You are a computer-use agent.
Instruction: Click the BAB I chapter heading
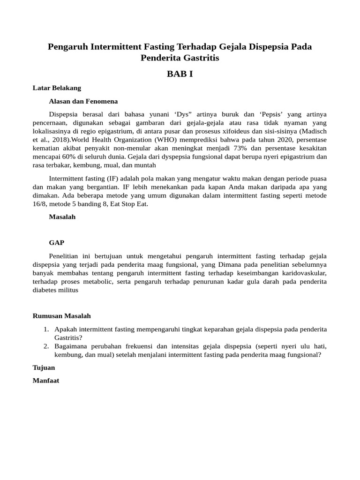click(x=180, y=74)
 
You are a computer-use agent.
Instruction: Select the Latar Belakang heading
click(x=57, y=88)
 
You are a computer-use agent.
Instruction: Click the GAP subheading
click(x=57, y=242)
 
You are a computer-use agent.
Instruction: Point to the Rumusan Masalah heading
click(x=61, y=316)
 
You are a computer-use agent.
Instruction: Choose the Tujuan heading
click(x=44, y=367)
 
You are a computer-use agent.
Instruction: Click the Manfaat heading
click(x=45, y=381)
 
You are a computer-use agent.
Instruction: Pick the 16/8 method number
click(x=40, y=204)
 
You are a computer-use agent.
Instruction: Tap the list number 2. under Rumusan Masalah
click(x=46, y=346)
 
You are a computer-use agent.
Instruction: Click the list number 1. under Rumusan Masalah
click(x=46, y=329)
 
